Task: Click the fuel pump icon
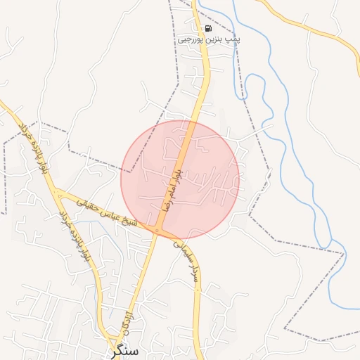(x=208, y=29)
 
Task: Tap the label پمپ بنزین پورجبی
(x=208, y=40)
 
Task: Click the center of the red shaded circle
(x=180, y=180)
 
